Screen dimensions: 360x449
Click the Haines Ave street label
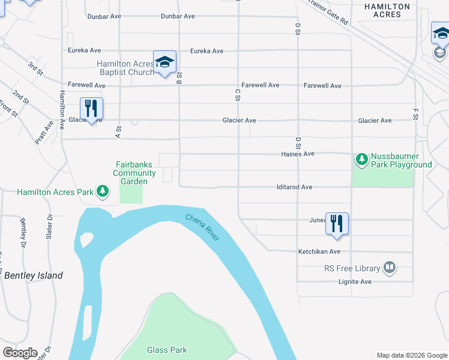coord(298,154)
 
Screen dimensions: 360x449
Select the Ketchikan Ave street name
coord(319,252)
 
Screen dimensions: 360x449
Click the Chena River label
coord(202,228)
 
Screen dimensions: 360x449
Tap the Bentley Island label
coord(34,275)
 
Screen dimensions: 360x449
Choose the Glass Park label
coord(167,350)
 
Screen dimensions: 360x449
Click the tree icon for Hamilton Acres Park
coord(103,192)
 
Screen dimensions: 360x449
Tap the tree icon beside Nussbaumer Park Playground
coord(361,159)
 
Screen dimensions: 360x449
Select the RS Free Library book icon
coord(390,268)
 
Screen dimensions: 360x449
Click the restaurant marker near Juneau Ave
coord(337,223)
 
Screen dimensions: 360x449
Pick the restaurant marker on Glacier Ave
coord(91,108)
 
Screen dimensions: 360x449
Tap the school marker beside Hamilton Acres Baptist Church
coord(165,62)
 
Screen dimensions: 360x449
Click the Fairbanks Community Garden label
coord(135,173)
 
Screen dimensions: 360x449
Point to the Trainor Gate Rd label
coord(328,12)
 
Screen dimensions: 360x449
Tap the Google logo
coord(20,353)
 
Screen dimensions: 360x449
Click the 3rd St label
coord(35,67)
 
